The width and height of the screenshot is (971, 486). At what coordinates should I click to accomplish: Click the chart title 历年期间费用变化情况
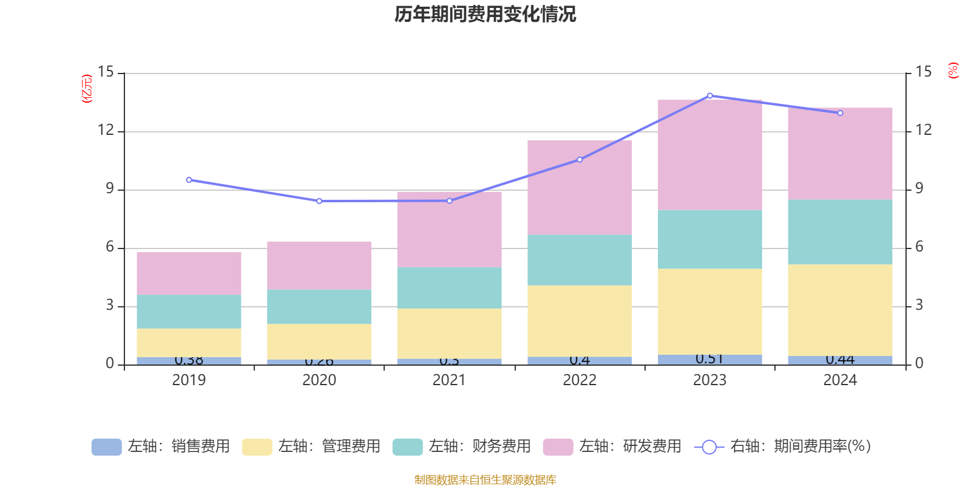[x=485, y=14]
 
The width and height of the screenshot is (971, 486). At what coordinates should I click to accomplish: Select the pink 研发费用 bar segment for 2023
[x=709, y=155]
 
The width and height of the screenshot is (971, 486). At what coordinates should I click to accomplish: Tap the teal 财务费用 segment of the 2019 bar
[x=189, y=312]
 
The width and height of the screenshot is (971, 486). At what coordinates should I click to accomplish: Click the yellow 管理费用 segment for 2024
[x=840, y=310]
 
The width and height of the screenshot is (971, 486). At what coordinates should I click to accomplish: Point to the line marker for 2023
[x=710, y=95]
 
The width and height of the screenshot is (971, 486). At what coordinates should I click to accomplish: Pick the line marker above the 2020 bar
[x=319, y=201]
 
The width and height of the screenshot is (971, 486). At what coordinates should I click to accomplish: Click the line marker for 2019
[x=189, y=180]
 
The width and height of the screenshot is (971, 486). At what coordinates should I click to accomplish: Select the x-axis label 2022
[x=580, y=380]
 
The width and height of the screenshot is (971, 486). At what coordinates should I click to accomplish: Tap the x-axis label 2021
[x=449, y=380]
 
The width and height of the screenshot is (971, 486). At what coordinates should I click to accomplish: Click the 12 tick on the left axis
[x=106, y=130]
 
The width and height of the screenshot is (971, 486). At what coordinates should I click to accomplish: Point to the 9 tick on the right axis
[x=919, y=188]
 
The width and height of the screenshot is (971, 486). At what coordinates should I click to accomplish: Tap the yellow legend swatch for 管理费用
[x=257, y=447]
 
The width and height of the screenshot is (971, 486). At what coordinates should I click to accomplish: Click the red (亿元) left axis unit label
[x=87, y=89]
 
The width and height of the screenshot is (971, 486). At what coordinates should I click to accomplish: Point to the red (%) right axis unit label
[x=953, y=70]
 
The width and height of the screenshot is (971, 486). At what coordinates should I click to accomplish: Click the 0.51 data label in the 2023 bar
[x=709, y=359]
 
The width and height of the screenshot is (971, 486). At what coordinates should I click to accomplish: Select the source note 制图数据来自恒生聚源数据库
[x=485, y=480]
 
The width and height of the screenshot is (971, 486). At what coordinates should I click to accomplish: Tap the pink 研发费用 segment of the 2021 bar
[x=449, y=229]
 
